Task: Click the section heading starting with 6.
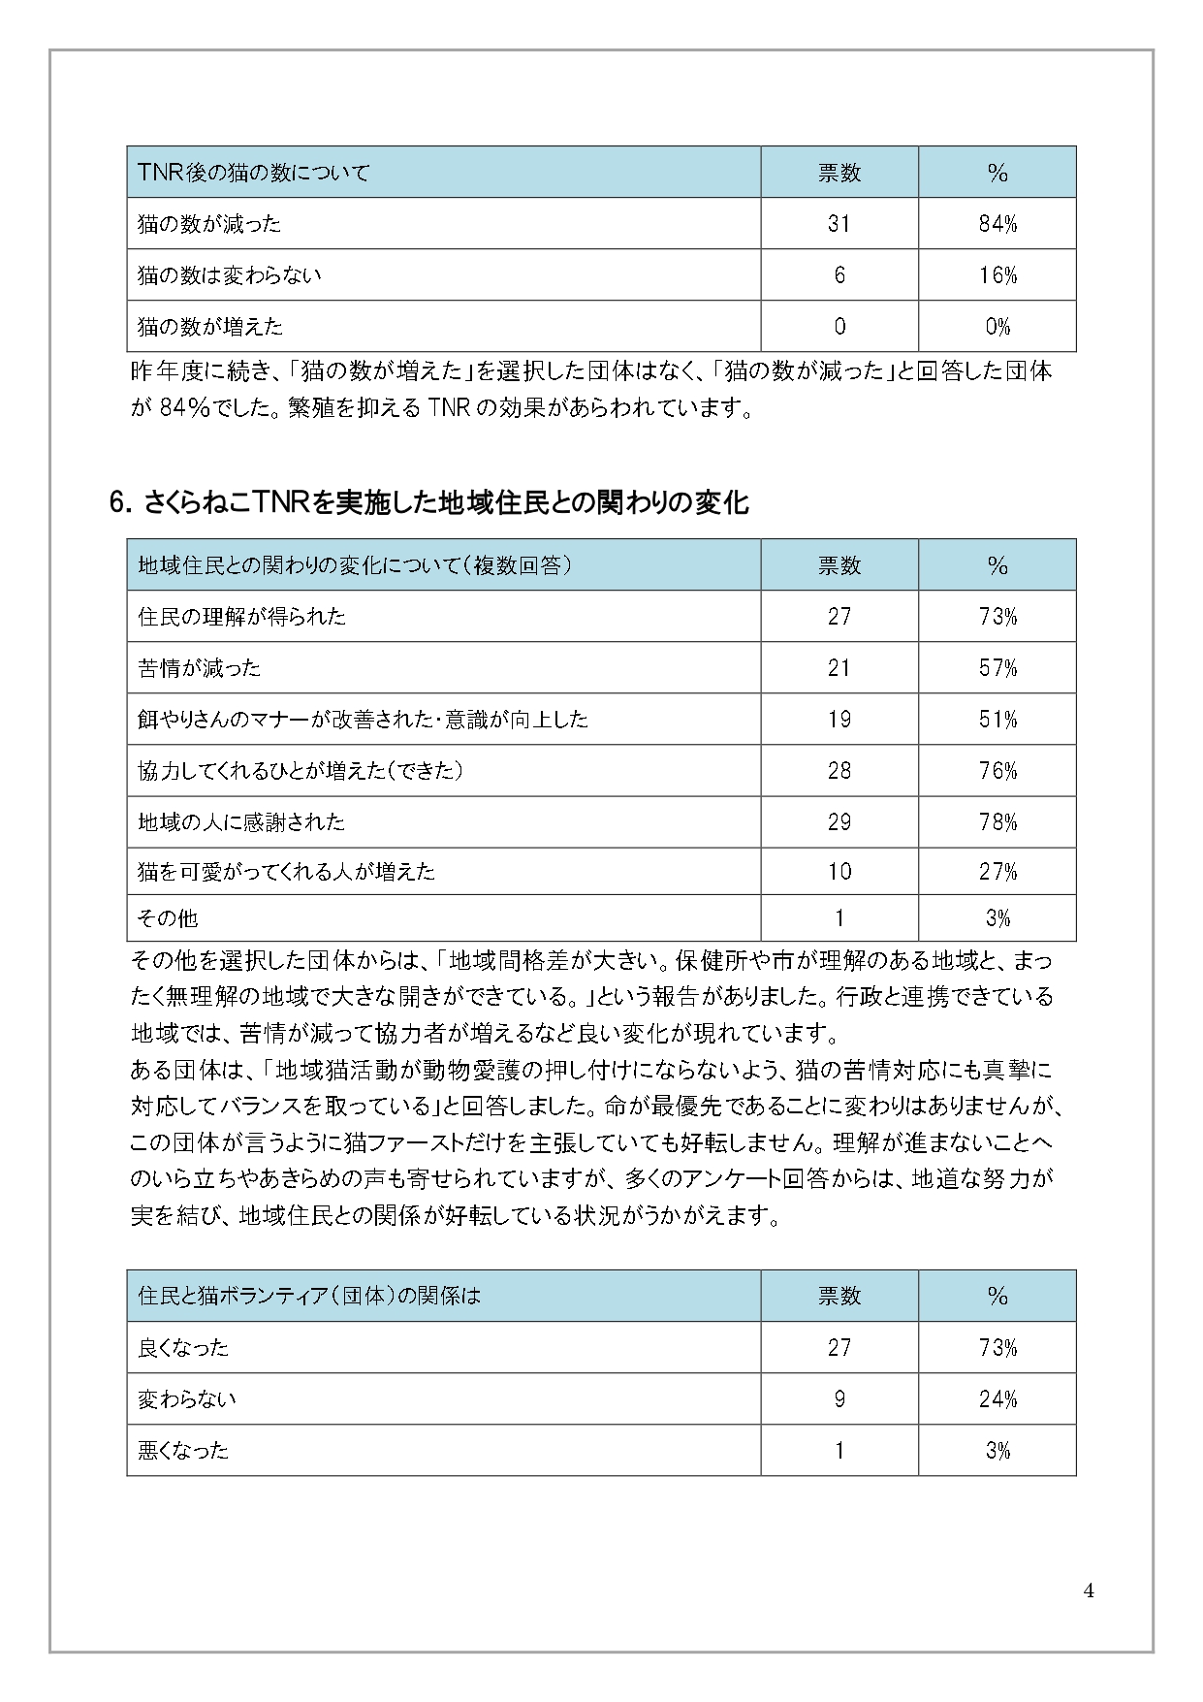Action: (x=428, y=503)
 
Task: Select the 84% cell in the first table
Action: (x=997, y=224)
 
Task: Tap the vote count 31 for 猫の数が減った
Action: (x=839, y=224)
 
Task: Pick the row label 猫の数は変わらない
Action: (x=229, y=275)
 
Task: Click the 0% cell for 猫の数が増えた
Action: (x=997, y=327)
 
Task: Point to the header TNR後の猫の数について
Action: (x=254, y=173)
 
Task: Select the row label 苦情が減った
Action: (x=199, y=668)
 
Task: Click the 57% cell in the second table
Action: (x=997, y=668)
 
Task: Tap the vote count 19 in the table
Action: (x=839, y=720)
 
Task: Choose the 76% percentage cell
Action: (x=997, y=771)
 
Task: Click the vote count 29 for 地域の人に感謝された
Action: (x=839, y=822)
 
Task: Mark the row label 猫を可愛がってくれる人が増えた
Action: (x=286, y=872)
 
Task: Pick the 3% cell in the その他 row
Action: (x=997, y=918)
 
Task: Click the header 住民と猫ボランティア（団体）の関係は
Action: (x=309, y=1296)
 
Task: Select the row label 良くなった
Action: (x=183, y=1347)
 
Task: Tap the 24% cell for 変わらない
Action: (x=997, y=1399)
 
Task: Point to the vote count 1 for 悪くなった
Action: (x=839, y=1451)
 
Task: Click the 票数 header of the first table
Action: (x=839, y=173)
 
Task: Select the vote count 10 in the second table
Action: (x=839, y=872)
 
